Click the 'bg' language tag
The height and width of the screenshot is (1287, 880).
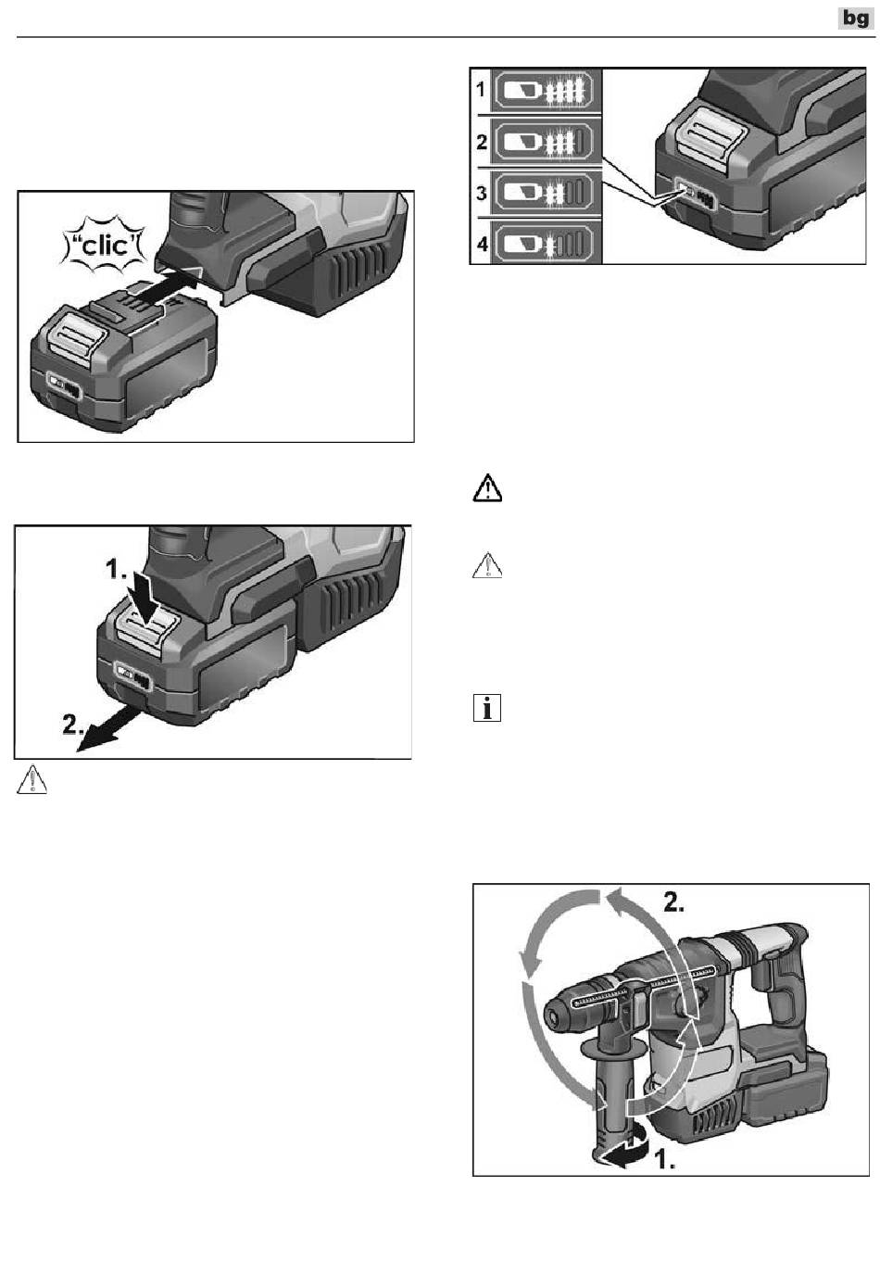click(x=855, y=19)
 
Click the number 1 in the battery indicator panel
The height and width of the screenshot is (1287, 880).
click(x=481, y=90)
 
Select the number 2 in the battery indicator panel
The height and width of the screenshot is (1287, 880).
click(x=482, y=142)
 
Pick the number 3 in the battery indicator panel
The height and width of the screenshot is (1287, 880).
click(x=482, y=193)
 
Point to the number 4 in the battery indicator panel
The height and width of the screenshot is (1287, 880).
click(x=482, y=245)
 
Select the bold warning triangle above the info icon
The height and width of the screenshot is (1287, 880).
click(x=487, y=488)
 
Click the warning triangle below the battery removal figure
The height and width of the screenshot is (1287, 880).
click(x=32, y=779)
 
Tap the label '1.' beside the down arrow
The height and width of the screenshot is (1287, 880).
click(x=116, y=570)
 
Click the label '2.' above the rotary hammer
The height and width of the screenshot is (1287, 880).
click(x=673, y=902)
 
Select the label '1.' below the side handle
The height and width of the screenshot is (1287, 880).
click(x=665, y=1161)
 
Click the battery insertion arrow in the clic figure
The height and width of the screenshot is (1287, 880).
click(x=164, y=281)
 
